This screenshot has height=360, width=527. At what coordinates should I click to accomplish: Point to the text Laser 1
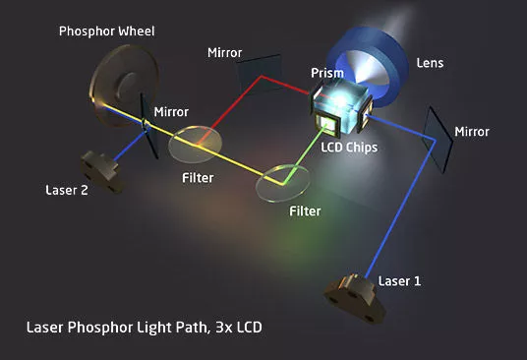[400, 281]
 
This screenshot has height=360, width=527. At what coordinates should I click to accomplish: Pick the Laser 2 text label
[67, 190]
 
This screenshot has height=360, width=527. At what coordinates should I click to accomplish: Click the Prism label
[326, 73]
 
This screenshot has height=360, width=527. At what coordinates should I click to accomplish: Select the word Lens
[430, 63]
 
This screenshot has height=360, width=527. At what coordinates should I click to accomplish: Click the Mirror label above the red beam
[224, 51]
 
